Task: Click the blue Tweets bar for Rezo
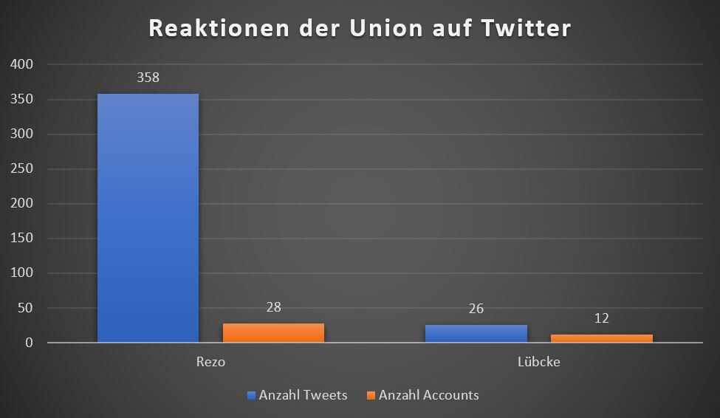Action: click(x=148, y=218)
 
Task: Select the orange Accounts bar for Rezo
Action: click(x=273, y=333)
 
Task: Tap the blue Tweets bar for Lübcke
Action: click(x=476, y=334)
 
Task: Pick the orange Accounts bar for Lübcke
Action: click(x=602, y=338)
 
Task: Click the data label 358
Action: click(x=148, y=77)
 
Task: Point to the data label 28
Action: click(x=273, y=306)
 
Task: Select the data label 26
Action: click(x=476, y=308)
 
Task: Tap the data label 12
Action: click(x=602, y=318)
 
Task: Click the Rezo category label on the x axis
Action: click(x=210, y=363)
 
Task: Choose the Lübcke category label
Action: click(x=539, y=363)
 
